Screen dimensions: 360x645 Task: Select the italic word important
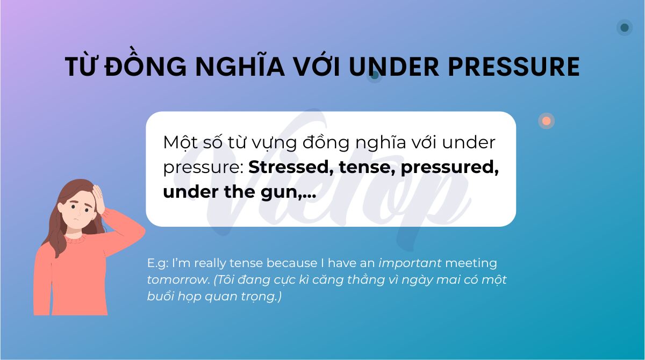[x=410, y=263]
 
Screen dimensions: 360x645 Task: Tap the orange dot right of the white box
[x=546, y=121]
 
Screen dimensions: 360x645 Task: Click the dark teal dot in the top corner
[x=624, y=27]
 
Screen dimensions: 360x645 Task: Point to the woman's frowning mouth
[x=77, y=222]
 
